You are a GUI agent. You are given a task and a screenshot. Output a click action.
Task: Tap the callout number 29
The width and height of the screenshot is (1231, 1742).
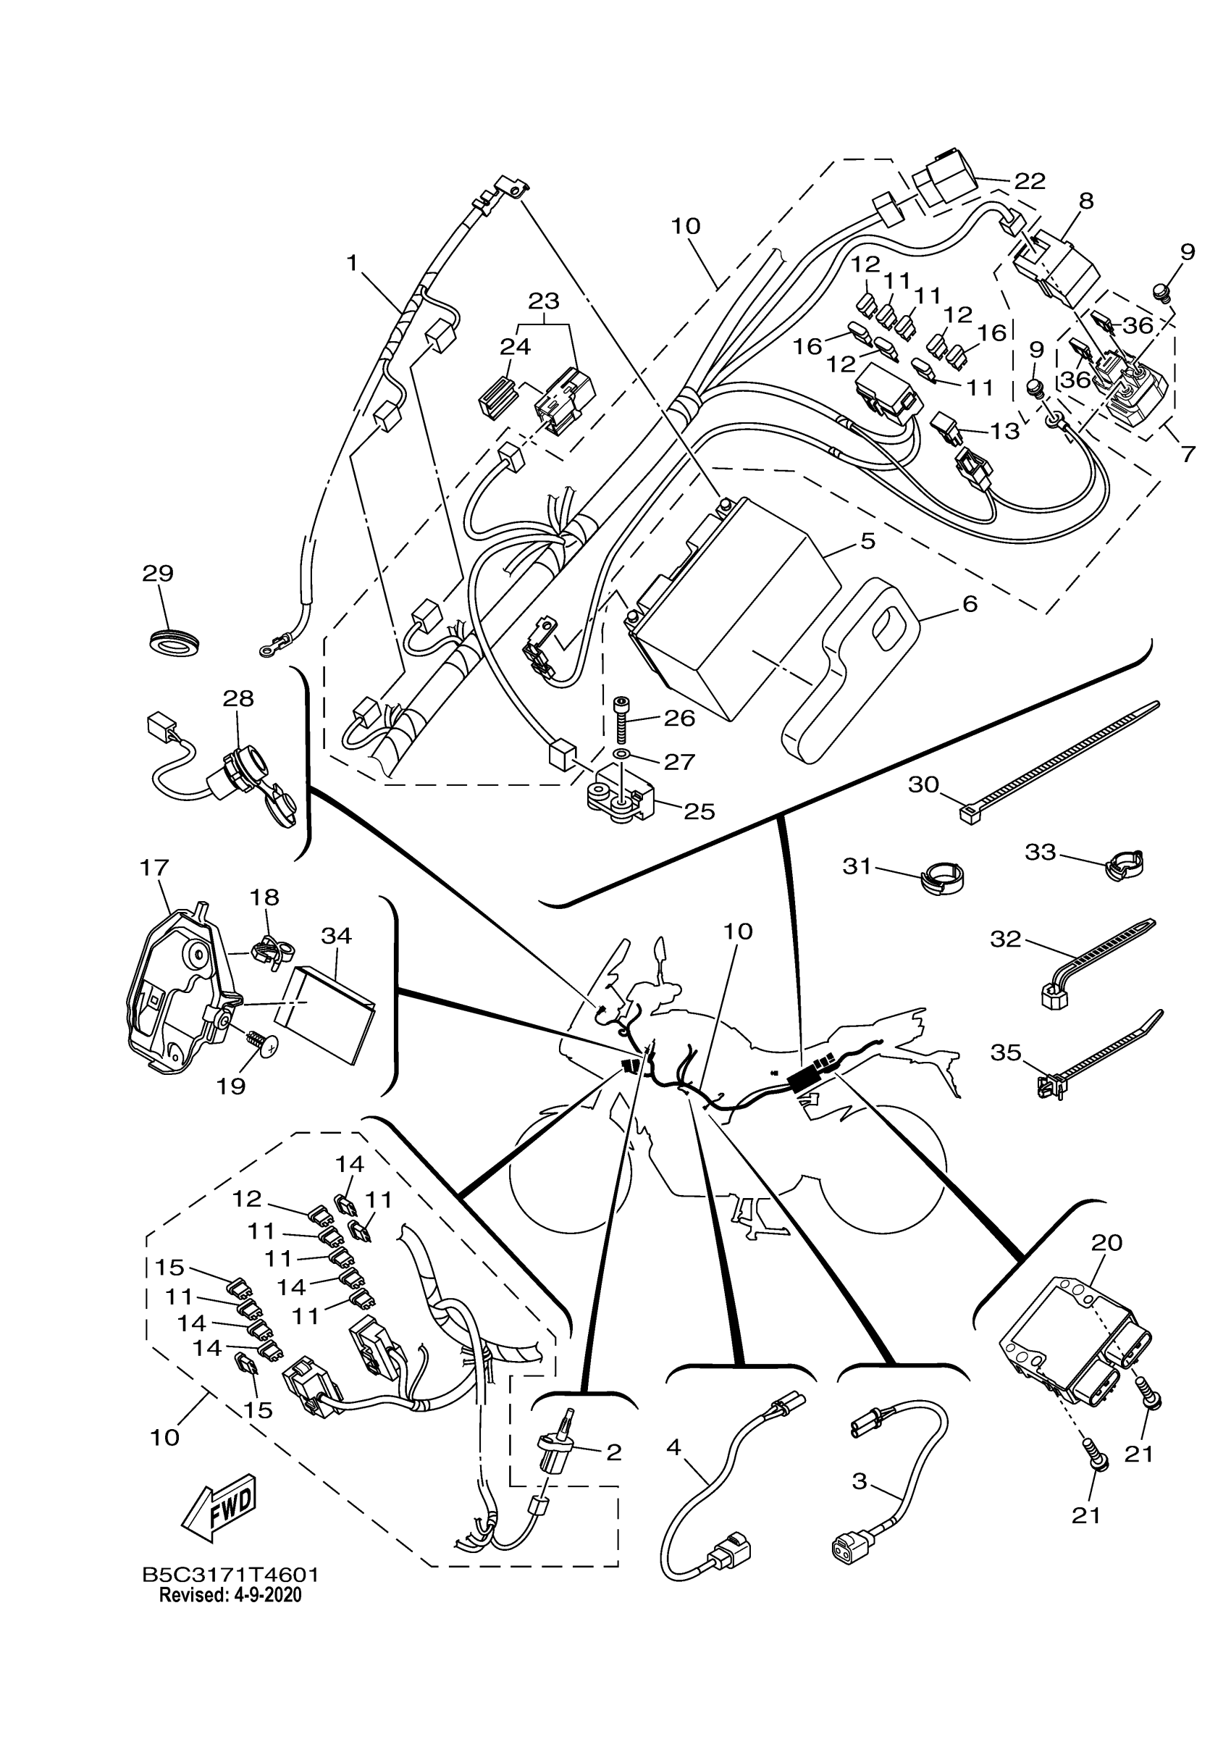[x=158, y=573]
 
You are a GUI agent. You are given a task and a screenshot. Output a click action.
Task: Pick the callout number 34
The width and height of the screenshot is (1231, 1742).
[x=336, y=936]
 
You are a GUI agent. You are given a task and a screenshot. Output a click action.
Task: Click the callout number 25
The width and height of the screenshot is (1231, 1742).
[x=699, y=811]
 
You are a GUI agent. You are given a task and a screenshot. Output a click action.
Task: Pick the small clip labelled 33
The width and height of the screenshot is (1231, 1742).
[x=1123, y=864]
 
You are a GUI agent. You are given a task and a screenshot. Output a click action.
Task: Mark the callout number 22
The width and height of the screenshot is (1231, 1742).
[x=1029, y=180]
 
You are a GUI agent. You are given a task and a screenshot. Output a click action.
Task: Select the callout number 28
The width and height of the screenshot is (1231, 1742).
[x=238, y=698]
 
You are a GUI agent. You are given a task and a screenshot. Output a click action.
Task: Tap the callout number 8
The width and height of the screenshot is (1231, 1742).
[x=1086, y=201]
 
